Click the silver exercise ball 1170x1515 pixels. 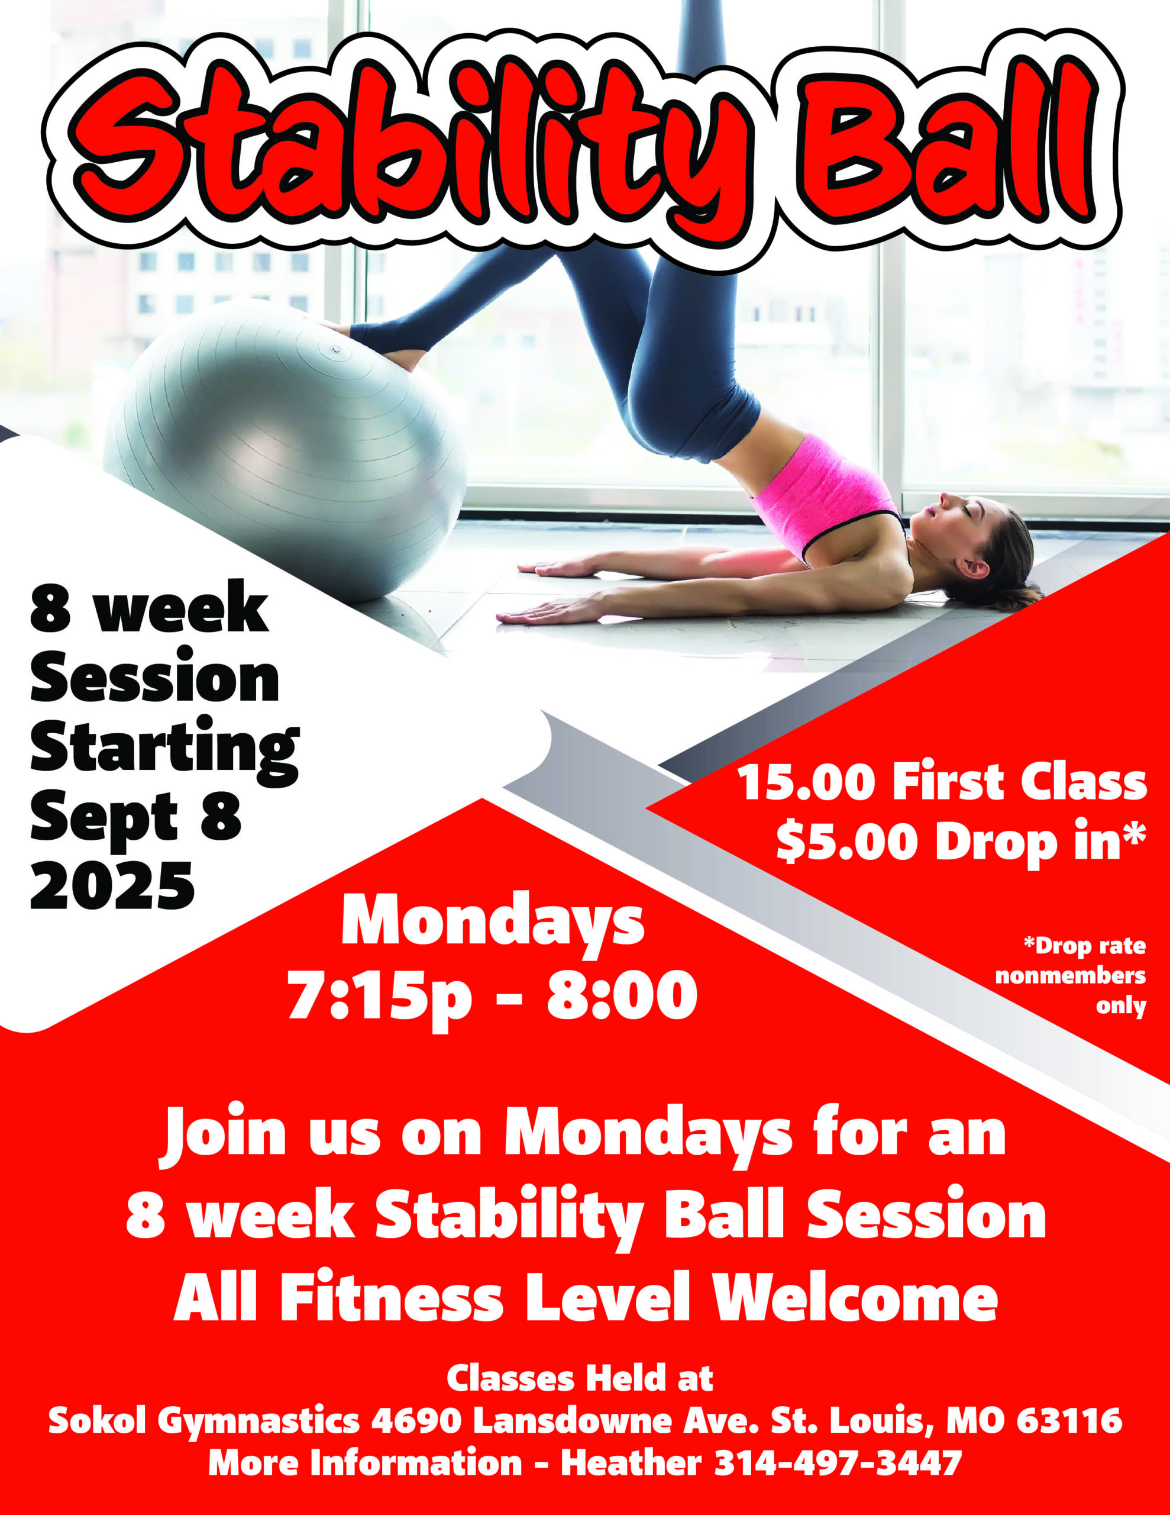[x=285, y=451]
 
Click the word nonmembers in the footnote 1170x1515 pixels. [x=1070, y=976]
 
